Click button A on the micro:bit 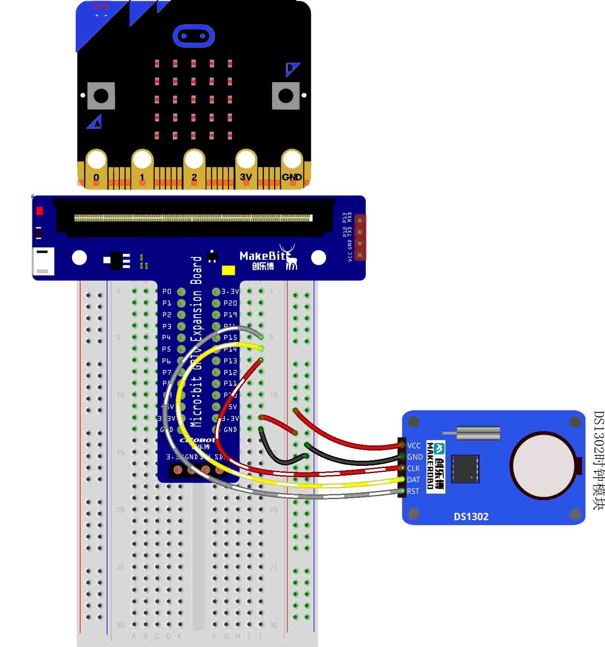tap(101, 96)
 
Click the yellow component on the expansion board tap(229, 270)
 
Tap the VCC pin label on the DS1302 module tap(414, 445)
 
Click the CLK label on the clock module tap(414, 468)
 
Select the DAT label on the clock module tap(414, 480)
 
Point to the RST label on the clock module tap(413, 491)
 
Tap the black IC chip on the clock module tap(465, 468)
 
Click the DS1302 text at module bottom tap(471, 517)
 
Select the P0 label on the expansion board tap(167, 292)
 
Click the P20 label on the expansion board tap(230, 303)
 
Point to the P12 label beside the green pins tap(230, 373)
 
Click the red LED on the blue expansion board tap(40, 211)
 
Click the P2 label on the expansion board tap(167, 315)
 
